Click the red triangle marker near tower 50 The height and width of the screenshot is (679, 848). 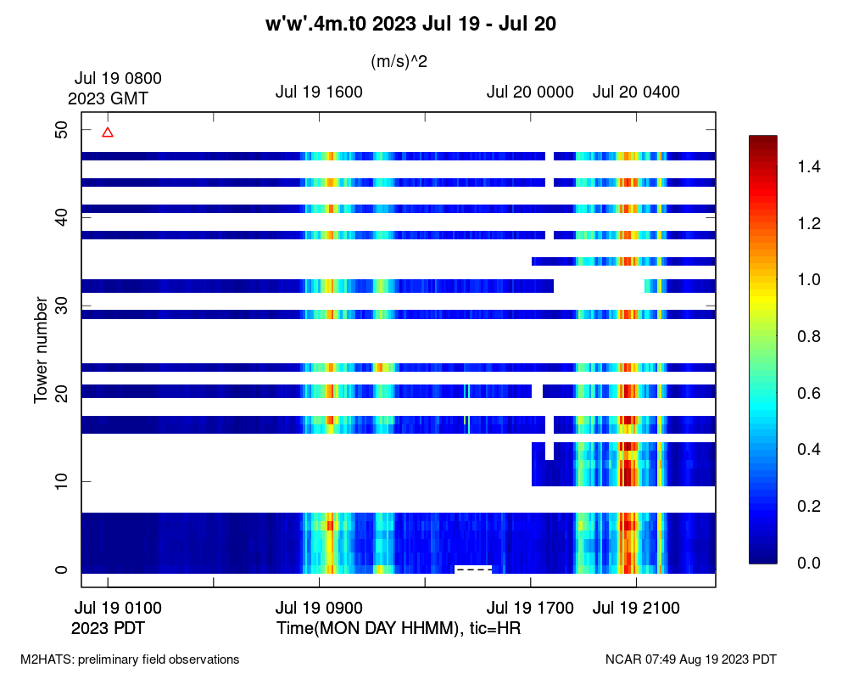[108, 132]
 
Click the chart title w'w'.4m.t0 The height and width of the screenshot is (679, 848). [411, 25]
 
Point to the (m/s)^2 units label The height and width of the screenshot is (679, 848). [399, 61]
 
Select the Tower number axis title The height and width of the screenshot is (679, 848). [41, 350]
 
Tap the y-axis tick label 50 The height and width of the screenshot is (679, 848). [61, 129]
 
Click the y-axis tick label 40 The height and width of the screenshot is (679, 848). [61, 217]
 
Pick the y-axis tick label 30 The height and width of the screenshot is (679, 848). [61, 306]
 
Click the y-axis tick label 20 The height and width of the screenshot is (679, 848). [61, 394]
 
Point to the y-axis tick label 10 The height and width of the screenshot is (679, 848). [61, 482]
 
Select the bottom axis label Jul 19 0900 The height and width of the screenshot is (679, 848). [319, 608]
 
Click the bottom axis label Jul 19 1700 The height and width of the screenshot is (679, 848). [530, 608]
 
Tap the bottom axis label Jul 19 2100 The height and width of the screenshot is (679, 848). [636, 608]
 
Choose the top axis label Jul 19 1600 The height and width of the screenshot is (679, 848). [319, 93]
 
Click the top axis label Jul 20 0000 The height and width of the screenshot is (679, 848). [530, 93]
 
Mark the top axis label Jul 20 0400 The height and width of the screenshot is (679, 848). [636, 93]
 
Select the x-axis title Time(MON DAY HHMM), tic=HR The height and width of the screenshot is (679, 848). [398, 629]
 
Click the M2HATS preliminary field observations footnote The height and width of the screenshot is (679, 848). [130, 659]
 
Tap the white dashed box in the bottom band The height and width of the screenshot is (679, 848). [473, 569]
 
